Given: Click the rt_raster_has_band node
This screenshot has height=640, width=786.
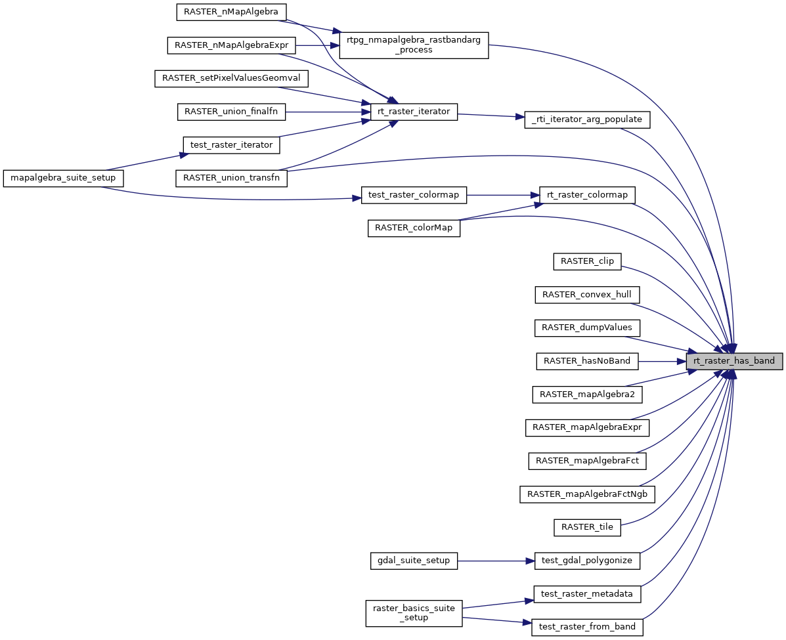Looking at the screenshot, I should pos(734,361).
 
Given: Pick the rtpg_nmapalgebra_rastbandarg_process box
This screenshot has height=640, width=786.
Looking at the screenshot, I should pos(414,45).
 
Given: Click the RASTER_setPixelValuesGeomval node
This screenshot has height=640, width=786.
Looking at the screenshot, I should pos(232,78).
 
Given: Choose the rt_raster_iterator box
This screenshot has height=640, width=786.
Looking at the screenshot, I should pos(414,112).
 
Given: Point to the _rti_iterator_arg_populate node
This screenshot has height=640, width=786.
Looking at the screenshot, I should pos(587,120).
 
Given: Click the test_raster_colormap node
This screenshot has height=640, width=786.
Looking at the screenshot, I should pos(414,195).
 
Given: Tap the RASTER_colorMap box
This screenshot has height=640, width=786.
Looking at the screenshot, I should pos(414,228).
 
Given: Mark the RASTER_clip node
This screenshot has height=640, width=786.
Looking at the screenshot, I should pos(588,261).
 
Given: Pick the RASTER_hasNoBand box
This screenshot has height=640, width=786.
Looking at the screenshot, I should pos(587,361).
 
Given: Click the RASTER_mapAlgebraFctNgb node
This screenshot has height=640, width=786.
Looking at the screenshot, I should pos(588,494).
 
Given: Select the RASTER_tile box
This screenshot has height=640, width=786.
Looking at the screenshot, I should pos(588,527).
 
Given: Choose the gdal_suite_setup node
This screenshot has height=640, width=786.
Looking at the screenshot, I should pos(414,561).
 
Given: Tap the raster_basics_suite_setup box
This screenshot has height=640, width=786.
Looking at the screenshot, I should pos(414,612).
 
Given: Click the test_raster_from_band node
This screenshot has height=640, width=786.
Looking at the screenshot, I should pos(588,627).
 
